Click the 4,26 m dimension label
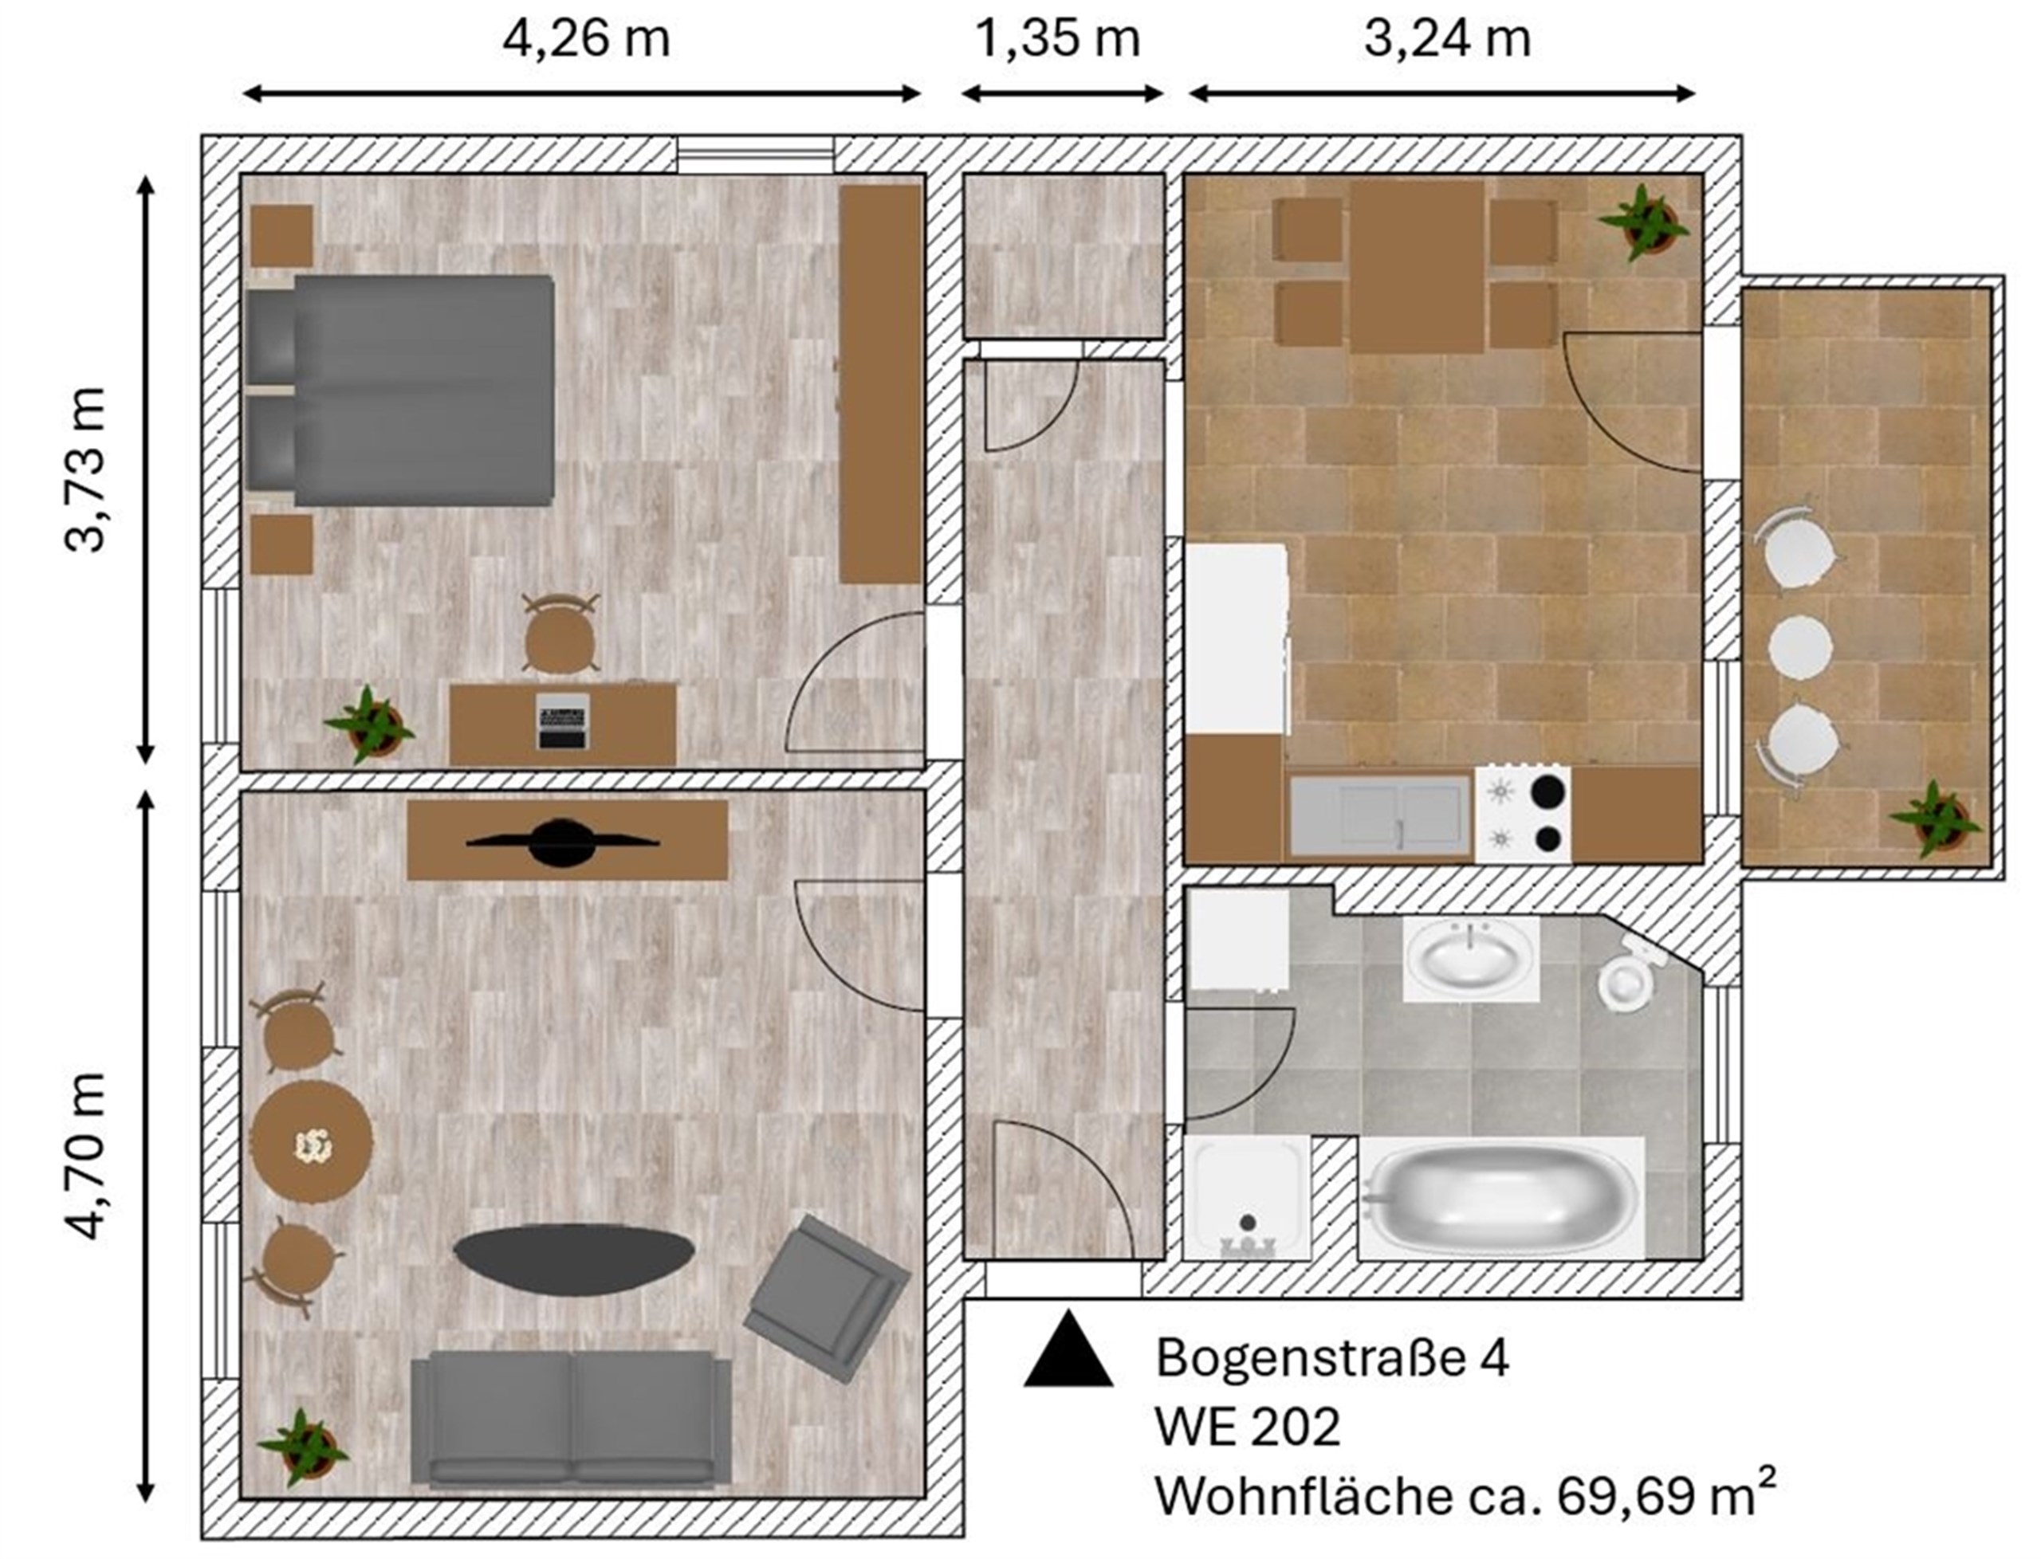586,40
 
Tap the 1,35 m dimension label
1058,40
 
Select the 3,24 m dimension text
1447,40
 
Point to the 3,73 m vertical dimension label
86,469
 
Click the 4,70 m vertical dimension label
86,1156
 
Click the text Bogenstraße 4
1332,1357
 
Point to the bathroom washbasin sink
1470,959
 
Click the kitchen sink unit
1380,814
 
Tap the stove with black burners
1523,814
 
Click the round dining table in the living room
312,1141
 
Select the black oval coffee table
573,1259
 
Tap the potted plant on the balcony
1934,819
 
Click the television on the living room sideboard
562,842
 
